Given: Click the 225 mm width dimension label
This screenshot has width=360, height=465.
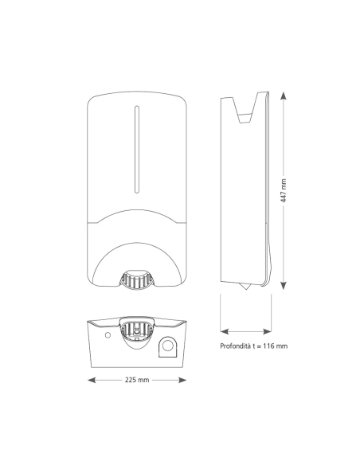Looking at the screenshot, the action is [x=137, y=380].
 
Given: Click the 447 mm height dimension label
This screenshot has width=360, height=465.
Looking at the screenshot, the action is [x=284, y=190].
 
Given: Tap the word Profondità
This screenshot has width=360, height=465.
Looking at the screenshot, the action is [x=235, y=346].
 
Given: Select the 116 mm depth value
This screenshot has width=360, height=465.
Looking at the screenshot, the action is [x=276, y=346].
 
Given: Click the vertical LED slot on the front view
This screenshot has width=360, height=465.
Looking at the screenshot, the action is [x=137, y=150].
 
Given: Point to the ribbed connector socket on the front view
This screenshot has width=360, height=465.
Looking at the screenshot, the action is [x=137, y=279].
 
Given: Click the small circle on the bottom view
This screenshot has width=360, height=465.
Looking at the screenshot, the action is [x=108, y=335].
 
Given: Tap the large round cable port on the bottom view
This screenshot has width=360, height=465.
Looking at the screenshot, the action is [x=168, y=346].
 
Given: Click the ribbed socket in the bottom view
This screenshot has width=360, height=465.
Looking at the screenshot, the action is [x=137, y=331].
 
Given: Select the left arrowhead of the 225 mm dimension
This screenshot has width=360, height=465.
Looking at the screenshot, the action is [x=92, y=380].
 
